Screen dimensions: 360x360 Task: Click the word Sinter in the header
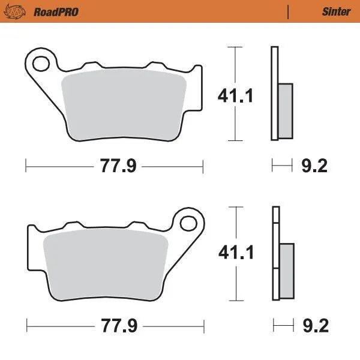click(x=336, y=11)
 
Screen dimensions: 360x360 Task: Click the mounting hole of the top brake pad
click(x=41, y=62)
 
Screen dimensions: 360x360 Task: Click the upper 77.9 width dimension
click(x=114, y=166)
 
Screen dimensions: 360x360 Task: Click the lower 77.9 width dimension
click(x=116, y=326)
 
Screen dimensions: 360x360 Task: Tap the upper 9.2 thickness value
click(x=313, y=166)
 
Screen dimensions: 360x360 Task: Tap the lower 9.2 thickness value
click(x=313, y=326)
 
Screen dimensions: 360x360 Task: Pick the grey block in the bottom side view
click(x=287, y=270)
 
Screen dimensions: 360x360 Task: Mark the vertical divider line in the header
click(x=288, y=11)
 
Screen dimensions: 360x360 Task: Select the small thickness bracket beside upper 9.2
click(x=282, y=166)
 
